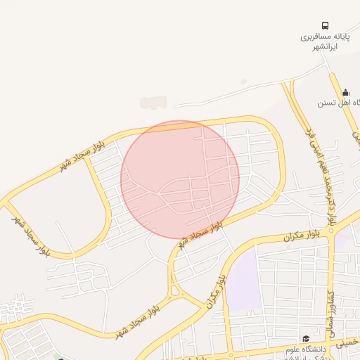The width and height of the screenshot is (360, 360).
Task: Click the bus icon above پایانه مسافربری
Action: pyautogui.click(x=325, y=25)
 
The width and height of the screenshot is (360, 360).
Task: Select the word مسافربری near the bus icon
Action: pyautogui.click(x=313, y=36)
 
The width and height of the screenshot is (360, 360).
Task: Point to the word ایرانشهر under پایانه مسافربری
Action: pyautogui.click(x=324, y=46)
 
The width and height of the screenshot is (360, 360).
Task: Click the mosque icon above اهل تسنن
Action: pyautogui.click(x=345, y=92)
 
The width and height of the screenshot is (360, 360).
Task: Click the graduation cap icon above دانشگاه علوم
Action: pyautogui.click(x=305, y=338)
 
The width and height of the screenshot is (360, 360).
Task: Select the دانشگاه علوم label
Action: pyautogui.click(x=304, y=349)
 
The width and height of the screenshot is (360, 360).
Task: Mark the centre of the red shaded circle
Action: pyautogui.click(x=180, y=179)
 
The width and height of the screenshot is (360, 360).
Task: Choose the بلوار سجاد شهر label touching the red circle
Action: pyautogui.click(x=202, y=231)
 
